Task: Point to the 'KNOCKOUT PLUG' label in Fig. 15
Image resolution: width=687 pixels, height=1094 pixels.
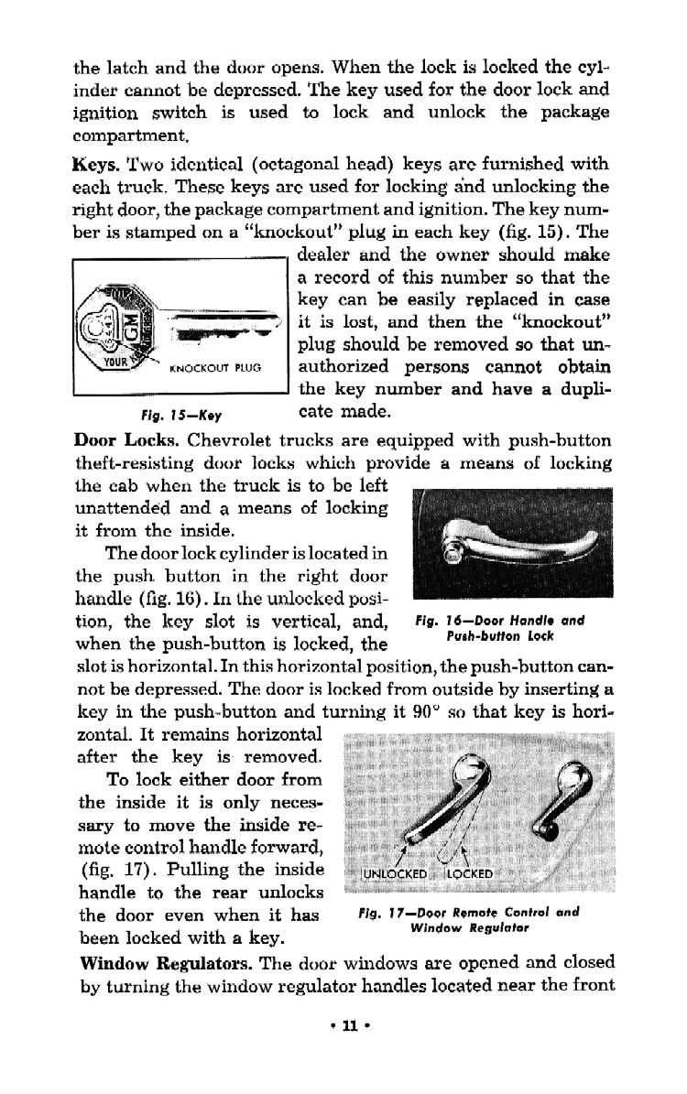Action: pyautogui.click(x=216, y=369)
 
